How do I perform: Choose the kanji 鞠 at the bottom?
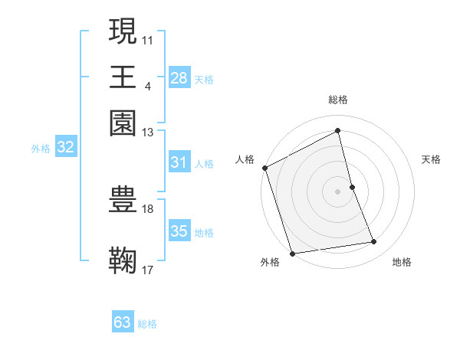[123, 260]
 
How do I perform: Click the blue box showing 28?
[179, 78]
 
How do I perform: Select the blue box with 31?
[179, 162]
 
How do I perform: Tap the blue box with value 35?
[179, 231]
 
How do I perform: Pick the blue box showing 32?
[65, 148]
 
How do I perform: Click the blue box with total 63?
[123, 322]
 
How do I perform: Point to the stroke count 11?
[148, 39]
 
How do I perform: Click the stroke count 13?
[148, 133]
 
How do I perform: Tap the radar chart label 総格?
[338, 100]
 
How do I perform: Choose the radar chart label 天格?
[432, 159]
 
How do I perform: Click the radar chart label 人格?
[245, 159]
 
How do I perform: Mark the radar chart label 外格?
[270, 262]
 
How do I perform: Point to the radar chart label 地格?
[402, 262]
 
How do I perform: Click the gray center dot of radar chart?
[338, 191]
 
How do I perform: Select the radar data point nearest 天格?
[352, 186]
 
